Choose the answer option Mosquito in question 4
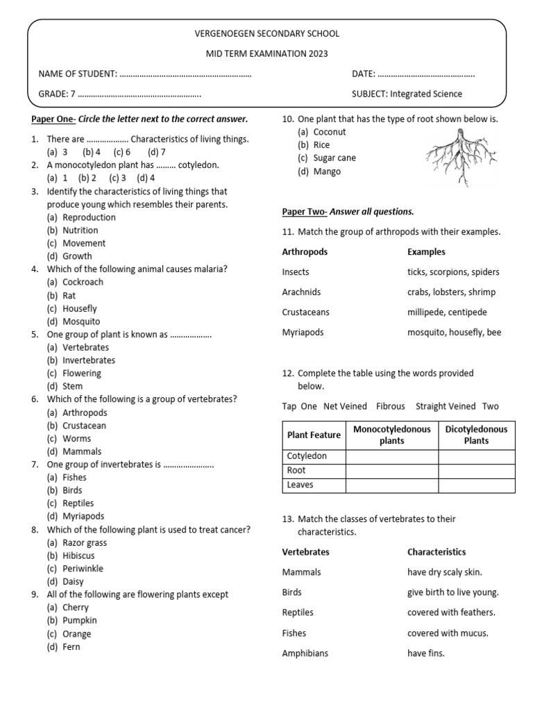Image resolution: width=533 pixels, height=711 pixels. pos(81,321)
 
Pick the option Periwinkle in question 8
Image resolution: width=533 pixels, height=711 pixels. pos(84,569)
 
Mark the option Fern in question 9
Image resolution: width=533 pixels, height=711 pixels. pos(71,646)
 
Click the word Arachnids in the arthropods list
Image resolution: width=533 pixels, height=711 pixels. pos(301,292)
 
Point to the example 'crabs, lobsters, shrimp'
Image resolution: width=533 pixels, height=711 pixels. pos(452,292)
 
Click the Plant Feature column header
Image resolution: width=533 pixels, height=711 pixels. pos(314,435)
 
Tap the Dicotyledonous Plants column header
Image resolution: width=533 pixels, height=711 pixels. pos(476,435)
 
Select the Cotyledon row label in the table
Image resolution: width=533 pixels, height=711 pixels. pos(307,456)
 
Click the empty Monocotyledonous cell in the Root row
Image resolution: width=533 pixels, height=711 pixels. pos(391,471)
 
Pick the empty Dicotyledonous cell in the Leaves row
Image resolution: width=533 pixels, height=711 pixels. pos(476,485)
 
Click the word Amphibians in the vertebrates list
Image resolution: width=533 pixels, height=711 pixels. pos(305,653)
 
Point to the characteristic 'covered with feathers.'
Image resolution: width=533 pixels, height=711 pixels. pos(451,612)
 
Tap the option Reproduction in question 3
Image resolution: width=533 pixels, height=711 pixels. pos(89,217)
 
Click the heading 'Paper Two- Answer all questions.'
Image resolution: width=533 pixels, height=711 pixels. pos(348,211)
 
